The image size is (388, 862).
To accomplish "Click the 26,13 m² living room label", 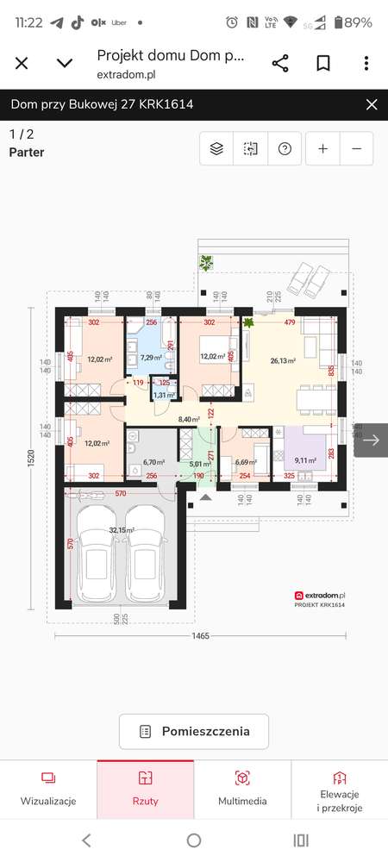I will pos(283,361).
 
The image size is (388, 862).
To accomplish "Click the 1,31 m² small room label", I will pos(164,395).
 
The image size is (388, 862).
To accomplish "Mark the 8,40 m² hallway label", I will pos(189,419).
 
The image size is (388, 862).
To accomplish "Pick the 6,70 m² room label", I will pos(153,461).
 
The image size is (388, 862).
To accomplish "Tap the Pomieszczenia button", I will pos(194,732).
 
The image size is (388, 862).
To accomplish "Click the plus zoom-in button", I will pos(322,148).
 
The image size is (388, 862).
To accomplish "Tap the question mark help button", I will pos(284,148).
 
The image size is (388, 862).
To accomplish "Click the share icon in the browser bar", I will pos(280,63).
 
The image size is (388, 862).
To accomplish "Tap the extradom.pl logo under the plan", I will pos(320,595).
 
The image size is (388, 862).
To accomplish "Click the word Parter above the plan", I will pos(27,153).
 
